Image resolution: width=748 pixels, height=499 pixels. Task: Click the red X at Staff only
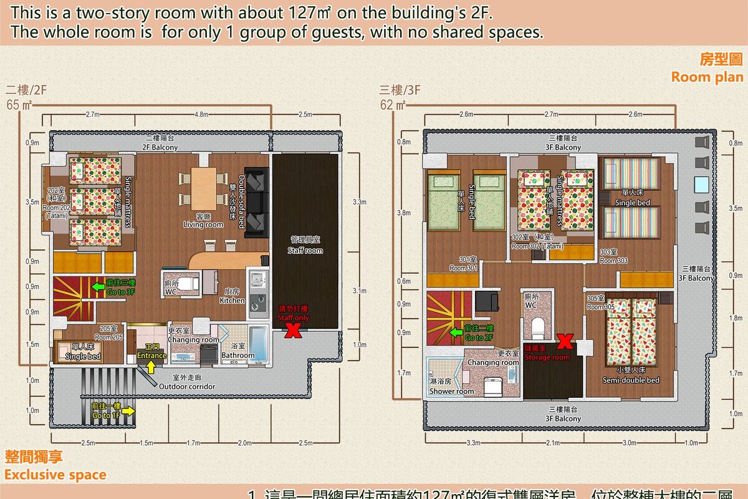[290, 331]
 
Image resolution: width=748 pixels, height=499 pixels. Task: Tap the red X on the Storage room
[565, 341]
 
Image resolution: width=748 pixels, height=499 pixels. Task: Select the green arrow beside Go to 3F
[97, 286]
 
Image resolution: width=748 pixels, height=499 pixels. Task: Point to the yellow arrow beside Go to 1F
[129, 410]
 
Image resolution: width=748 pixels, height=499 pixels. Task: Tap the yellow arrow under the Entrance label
[151, 367]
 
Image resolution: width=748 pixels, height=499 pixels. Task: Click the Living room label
[203, 224]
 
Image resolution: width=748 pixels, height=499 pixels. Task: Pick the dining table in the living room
[203, 189]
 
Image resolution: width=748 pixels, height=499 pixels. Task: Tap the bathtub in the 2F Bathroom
[257, 344]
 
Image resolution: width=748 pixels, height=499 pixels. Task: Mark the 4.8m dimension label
[201, 114]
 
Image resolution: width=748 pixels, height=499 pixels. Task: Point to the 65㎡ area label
[19, 104]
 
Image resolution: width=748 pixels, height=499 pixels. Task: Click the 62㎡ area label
[393, 104]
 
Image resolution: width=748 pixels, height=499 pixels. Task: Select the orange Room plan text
[707, 77]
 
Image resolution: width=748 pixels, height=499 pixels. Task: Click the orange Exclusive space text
[55, 475]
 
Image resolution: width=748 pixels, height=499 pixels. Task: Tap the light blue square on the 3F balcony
[701, 185]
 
